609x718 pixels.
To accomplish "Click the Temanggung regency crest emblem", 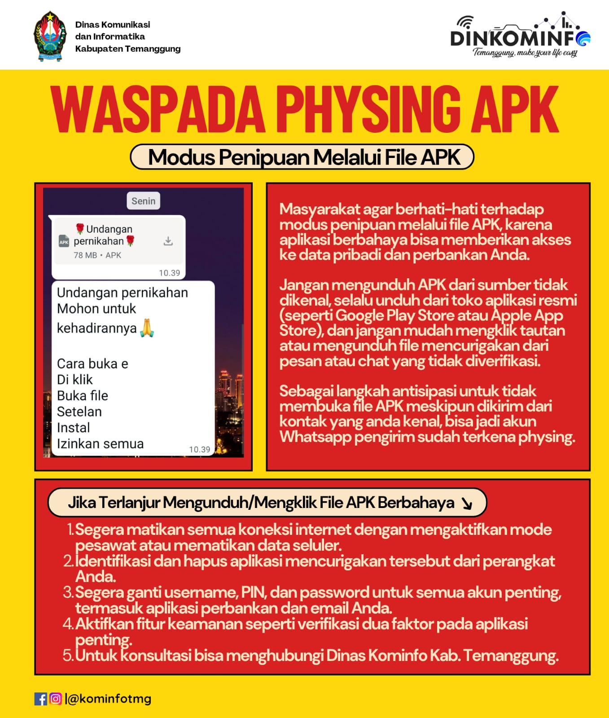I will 50,36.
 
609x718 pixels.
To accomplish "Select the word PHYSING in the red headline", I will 368,109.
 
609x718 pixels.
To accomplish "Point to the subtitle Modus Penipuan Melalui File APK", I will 302,157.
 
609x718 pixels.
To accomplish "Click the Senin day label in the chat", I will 143,201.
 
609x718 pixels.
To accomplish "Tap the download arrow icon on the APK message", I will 168,241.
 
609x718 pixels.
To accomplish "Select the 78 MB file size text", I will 85,255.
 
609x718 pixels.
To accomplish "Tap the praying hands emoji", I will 147,328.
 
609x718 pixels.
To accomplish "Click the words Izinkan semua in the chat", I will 100,444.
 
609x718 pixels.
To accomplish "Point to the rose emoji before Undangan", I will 80,229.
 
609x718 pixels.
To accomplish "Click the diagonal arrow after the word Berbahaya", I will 467,504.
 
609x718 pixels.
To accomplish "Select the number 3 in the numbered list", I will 68,592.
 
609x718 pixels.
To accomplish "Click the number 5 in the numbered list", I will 68,656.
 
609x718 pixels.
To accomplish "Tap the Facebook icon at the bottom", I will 40,699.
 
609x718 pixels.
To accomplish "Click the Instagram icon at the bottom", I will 56,699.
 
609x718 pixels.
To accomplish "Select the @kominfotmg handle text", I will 110,699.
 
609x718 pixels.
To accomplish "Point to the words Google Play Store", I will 411,315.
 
